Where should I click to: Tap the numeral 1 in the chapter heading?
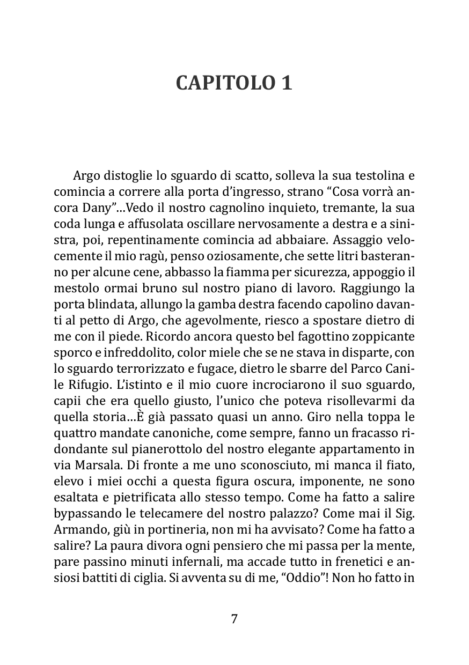(286, 83)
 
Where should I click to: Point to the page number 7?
(234, 618)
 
